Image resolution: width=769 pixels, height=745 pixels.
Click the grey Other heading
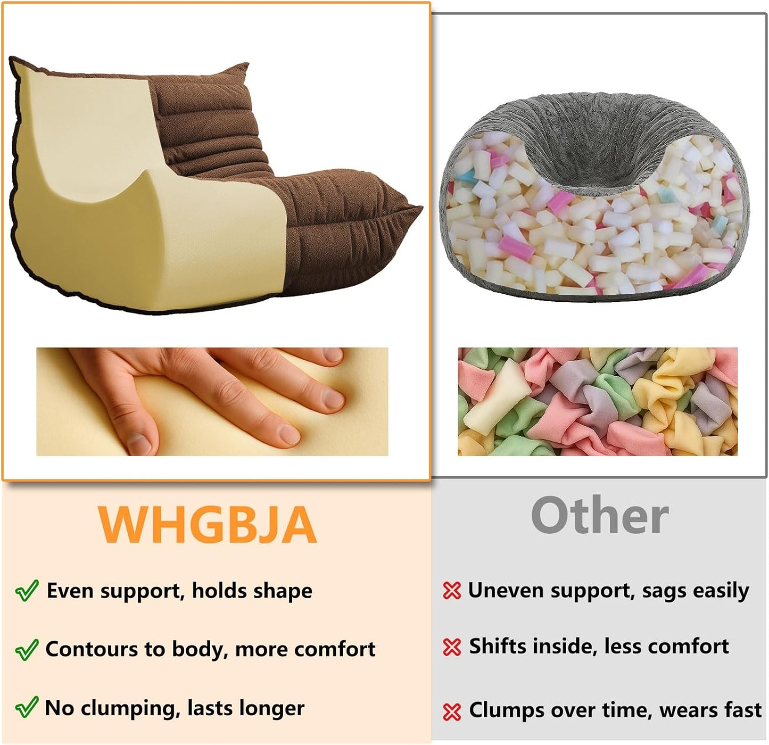(599, 515)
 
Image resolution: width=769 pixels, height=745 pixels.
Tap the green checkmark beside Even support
(26, 591)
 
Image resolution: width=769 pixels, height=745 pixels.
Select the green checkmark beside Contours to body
(26, 649)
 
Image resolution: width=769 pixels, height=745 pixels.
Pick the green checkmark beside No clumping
(26, 708)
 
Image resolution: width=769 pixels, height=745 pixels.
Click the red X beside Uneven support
(451, 591)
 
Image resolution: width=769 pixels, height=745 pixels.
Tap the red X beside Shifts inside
(451, 647)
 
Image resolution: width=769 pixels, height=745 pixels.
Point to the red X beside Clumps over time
(451, 711)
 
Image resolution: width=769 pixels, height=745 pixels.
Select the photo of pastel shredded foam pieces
(597, 402)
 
